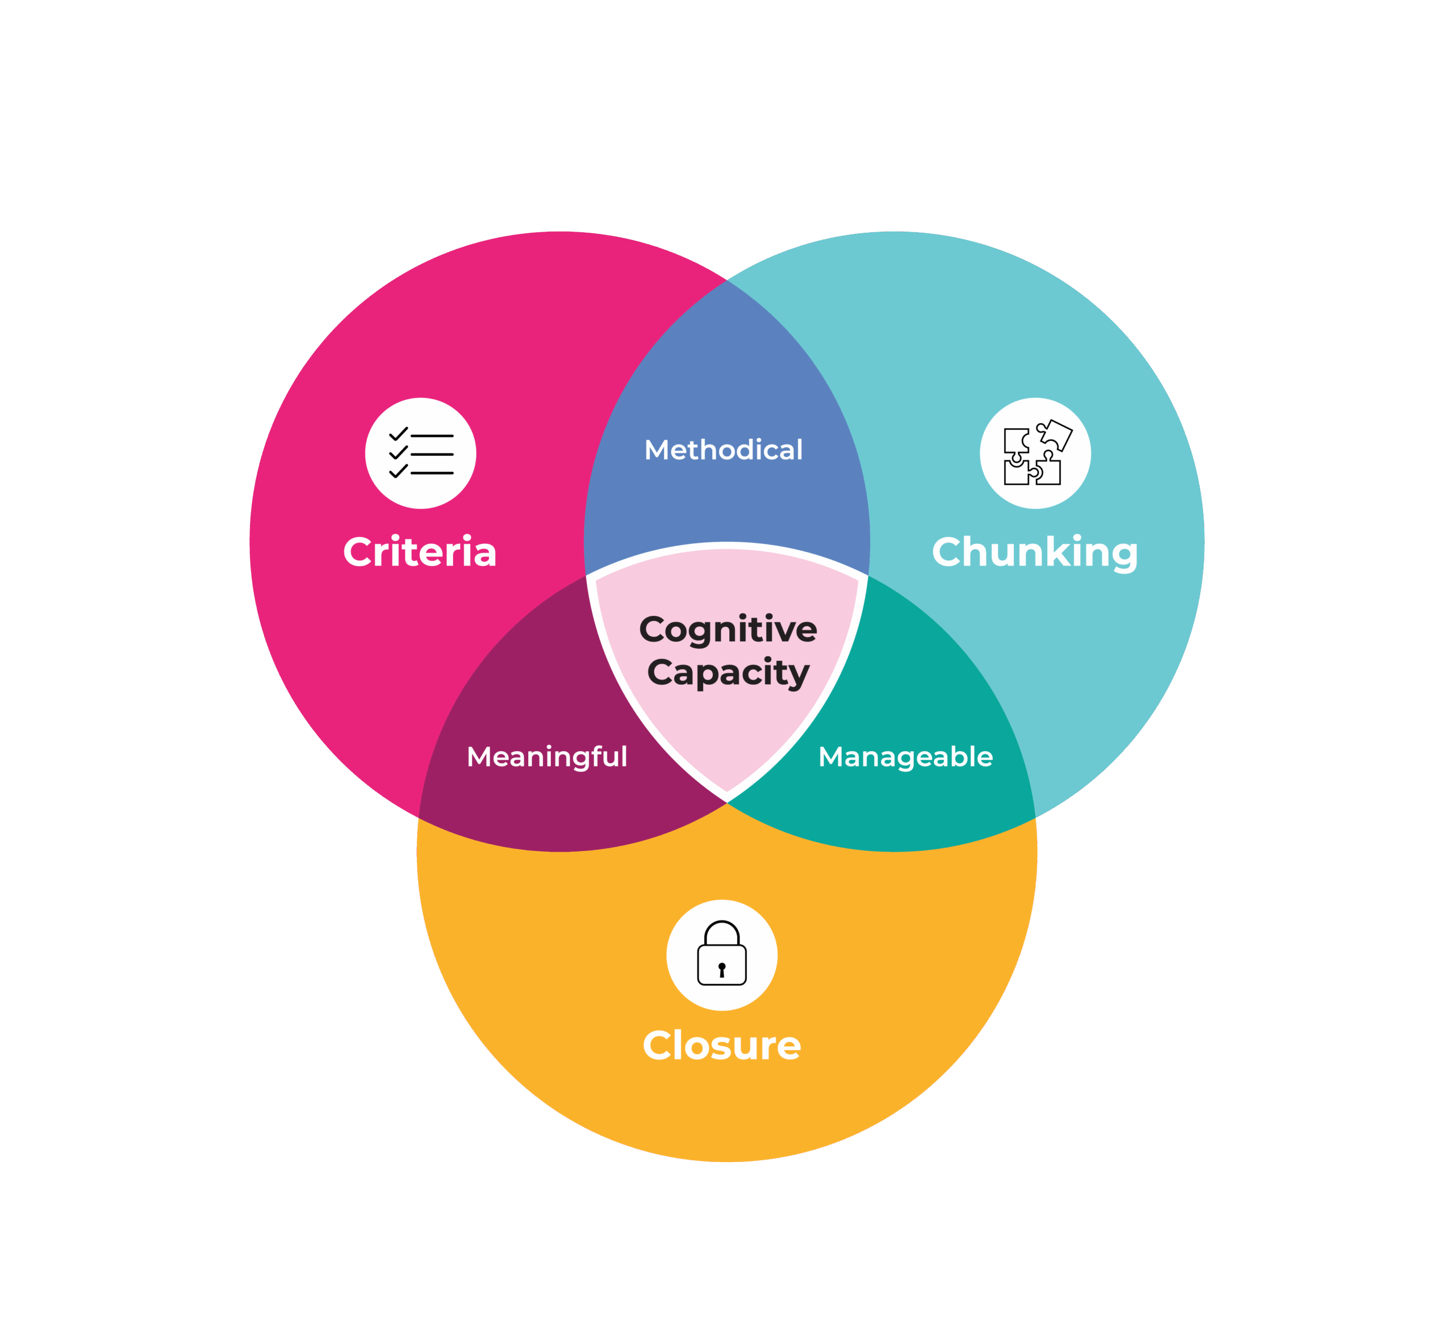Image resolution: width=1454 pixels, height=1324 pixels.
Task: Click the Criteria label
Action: pyautogui.click(x=420, y=552)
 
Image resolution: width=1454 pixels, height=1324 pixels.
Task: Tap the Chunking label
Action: pyautogui.click(x=1035, y=552)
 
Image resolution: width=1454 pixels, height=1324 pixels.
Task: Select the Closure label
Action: pyautogui.click(x=721, y=1046)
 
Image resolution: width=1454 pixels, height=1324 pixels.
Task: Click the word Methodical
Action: pyautogui.click(x=724, y=450)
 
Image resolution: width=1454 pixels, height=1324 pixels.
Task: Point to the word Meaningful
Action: pyautogui.click(x=547, y=756)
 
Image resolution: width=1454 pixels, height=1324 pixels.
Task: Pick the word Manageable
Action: pyautogui.click(x=905, y=756)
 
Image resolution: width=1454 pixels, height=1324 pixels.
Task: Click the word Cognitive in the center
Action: pyautogui.click(x=728, y=630)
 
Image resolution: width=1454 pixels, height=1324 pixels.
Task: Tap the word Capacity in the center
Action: pyautogui.click(x=728, y=673)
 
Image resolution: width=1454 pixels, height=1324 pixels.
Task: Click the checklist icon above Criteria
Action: pyautogui.click(x=420, y=453)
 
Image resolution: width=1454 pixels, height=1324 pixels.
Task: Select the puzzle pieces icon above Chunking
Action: pyautogui.click(x=1035, y=453)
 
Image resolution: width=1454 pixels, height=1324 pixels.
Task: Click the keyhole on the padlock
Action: pyautogui.click(x=721, y=969)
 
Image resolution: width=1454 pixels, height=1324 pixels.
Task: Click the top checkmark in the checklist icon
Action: pyautogui.click(x=398, y=433)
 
